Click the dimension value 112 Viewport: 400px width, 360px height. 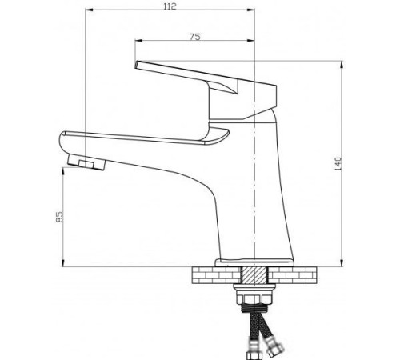[x=169, y=7]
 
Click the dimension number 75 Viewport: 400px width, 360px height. [x=194, y=36]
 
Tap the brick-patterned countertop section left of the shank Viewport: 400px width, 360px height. [x=214, y=276]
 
